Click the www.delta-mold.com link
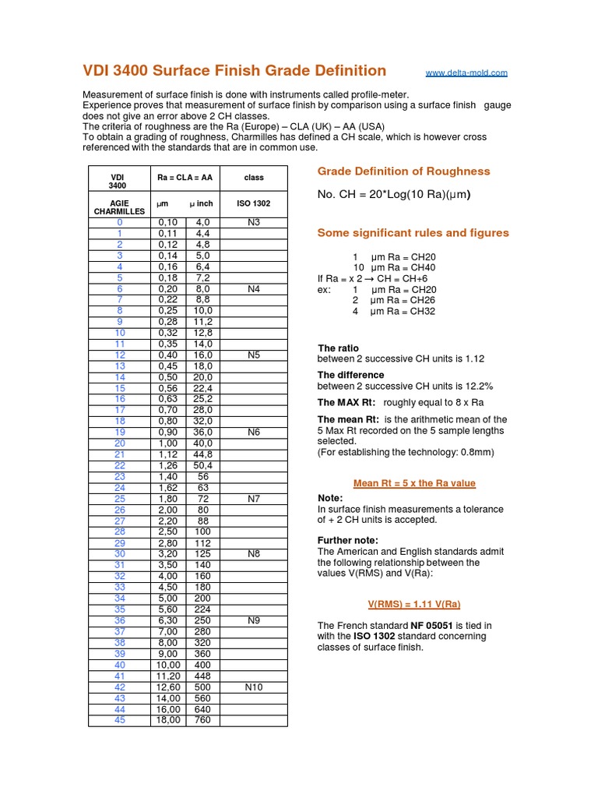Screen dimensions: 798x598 pyautogui.click(x=466, y=73)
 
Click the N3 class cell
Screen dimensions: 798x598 pyautogui.click(x=254, y=223)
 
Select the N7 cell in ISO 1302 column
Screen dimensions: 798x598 pyautogui.click(x=254, y=498)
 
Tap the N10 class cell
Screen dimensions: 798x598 pyautogui.click(x=254, y=687)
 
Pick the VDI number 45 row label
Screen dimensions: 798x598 pyautogui.click(x=120, y=720)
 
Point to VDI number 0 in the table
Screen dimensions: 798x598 pyautogui.click(x=120, y=223)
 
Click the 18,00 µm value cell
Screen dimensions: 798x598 pyautogui.click(x=169, y=720)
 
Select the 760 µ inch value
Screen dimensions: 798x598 pyautogui.click(x=202, y=720)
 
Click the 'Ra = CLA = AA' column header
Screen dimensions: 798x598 pyautogui.click(x=185, y=178)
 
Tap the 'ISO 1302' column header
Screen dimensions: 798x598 pyautogui.click(x=254, y=203)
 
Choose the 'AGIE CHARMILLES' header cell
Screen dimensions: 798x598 pyautogui.click(x=119, y=207)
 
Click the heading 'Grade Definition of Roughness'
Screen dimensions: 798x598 pyautogui.click(x=403, y=171)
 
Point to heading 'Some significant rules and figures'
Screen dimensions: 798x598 pyautogui.click(x=413, y=233)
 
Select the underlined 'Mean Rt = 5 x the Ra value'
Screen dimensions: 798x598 pyautogui.click(x=414, y=483)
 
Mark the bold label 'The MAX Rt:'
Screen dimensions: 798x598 pyautogui.click(x=346, y=403)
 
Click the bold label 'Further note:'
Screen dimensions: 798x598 pyautogui.click(x=348, y=540)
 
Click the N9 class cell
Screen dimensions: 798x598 pyautogui.click(x=254, y=621)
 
